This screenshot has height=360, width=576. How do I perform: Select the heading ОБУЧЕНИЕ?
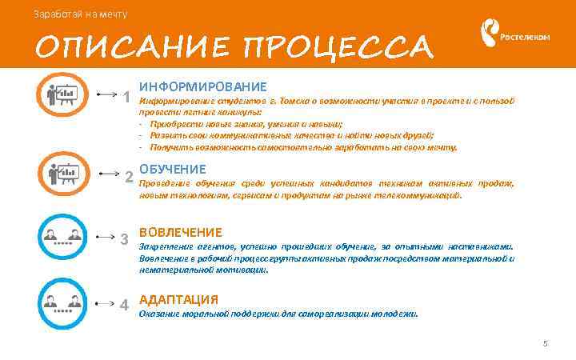[173, 170]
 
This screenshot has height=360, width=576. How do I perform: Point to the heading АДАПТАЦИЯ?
[178, 299]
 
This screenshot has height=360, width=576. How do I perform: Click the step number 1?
[128, 97]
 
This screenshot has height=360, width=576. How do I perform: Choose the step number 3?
[124, 239]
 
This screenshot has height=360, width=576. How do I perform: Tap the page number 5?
[545, 344]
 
